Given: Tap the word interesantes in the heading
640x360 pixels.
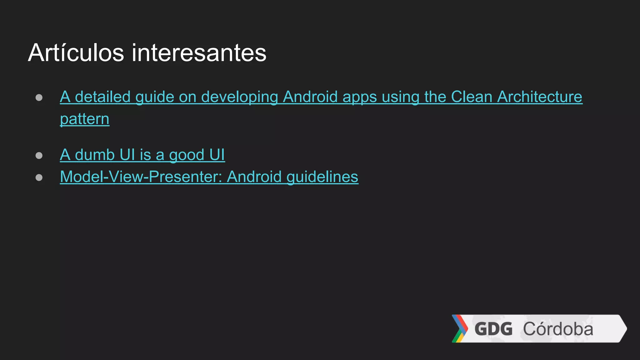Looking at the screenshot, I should [x=199, y=53].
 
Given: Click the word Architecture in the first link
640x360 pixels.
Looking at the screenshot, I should [x=540, y=97].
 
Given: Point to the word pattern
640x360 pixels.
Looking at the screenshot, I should [x=84, y=119].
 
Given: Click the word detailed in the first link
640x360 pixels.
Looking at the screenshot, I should [x=102, y=97].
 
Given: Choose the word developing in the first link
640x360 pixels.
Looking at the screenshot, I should [x=239, y=97].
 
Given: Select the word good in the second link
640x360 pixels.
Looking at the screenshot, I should [x=187, y=155].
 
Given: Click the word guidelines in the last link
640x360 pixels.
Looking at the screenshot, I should [x=322, y=177].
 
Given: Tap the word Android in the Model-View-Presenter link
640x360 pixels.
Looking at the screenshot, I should [x=254, y=177].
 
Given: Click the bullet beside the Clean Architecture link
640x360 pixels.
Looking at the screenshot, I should [x=39, y=97].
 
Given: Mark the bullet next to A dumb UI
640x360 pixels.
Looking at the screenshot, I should [x=39, y=155].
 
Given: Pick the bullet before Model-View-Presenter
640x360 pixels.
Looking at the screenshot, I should [x=39, y=177].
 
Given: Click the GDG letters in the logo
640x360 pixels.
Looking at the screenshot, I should [x=493, y=329].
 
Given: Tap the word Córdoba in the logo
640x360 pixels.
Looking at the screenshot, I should [x=558, y=329].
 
